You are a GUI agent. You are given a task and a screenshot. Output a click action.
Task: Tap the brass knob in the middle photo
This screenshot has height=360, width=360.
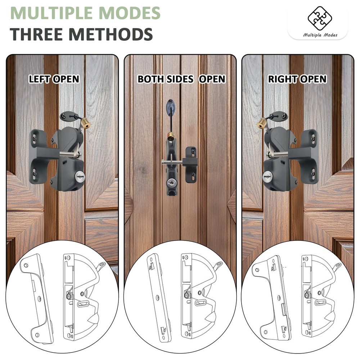(x=171, y=136)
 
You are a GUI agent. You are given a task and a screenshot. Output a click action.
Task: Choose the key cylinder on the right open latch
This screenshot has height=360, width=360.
(x=267, y=175)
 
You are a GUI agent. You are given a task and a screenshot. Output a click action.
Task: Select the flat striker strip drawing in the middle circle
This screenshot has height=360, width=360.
(x=157, y=299)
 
